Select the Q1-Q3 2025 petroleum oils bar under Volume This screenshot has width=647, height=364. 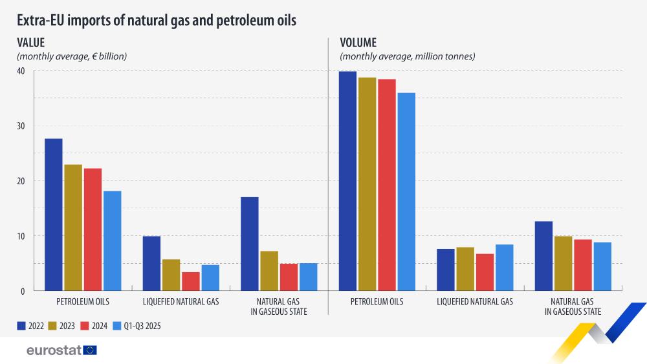(x=406, y=191)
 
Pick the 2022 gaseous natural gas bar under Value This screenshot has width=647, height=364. (x=249, y=244)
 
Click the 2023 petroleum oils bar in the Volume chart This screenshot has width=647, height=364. (x=367, y=184)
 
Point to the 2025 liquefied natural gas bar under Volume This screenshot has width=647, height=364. (x=504, y=268)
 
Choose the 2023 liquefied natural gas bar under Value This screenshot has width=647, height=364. (x=171, y=275)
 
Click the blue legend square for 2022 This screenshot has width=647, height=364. (x=21, y=326)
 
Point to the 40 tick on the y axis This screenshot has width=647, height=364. (x=21, y=71)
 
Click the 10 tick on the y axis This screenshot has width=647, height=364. (x=21, y=236)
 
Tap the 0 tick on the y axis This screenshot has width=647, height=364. (x=23, y=291)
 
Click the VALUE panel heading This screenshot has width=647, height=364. (x=30, y=43)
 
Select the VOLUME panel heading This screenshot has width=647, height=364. (x=358, y=43)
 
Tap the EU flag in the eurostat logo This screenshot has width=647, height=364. (x=90, y=350)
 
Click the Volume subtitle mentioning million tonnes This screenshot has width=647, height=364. (x=408, y=56)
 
